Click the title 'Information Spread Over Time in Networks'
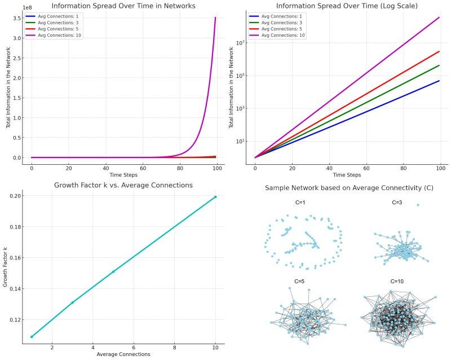click(123, 6)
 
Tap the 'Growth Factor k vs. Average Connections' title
click(123, 185)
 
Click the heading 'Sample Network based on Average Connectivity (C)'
click(350, 187)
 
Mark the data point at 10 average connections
click(215, 197)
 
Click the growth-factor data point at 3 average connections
click(72, 302)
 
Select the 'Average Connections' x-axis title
click(123, 354)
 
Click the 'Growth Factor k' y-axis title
click(5, 266)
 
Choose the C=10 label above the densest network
click(397, 281)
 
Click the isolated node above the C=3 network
click(418, 205)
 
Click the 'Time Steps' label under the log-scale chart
click(348, 175)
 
